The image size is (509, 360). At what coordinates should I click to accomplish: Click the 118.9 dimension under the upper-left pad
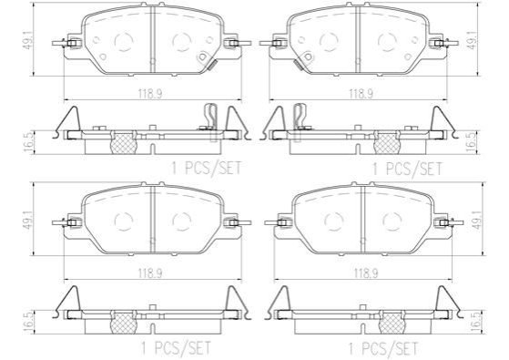coord(150,94)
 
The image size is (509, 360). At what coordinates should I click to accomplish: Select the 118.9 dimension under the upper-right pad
coord(361,94)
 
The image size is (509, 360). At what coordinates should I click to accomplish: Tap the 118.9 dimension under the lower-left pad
coord(150,273)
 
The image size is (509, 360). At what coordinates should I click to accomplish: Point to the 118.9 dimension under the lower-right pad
coord(366,273)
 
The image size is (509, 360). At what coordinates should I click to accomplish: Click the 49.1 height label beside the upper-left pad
coord(27,40)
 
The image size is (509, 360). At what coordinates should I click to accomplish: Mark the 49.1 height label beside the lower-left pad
coord(27,221)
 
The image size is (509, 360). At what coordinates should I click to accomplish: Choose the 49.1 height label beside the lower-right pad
coord(476,221)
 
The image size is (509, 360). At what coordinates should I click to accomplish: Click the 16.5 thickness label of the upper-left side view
coord(28,142)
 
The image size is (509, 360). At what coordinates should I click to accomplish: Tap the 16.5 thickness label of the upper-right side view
coord(471,142)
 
